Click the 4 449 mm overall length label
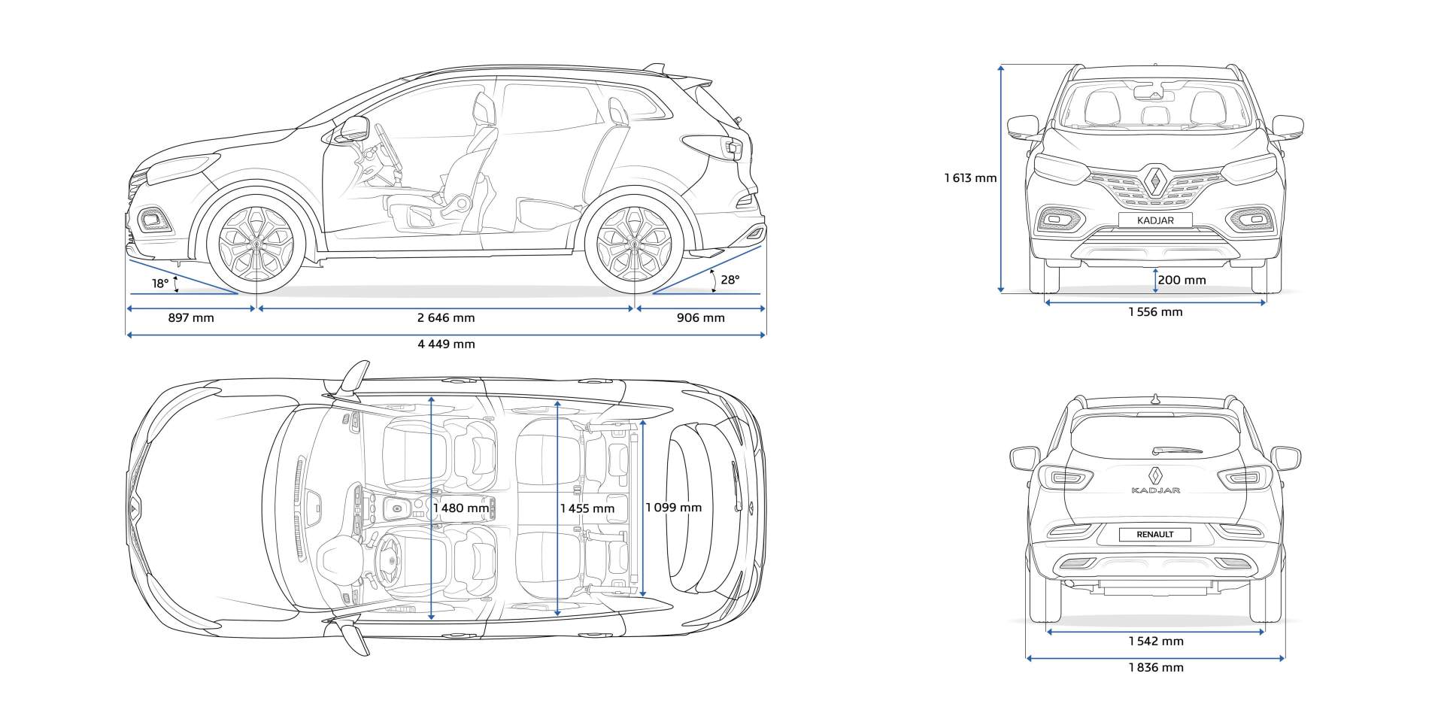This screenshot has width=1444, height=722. click(446, 344)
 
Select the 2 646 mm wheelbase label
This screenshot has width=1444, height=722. click(446, 318)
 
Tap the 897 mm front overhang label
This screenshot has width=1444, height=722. click(191, 318)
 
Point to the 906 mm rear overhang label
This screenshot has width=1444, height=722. click(700, 318)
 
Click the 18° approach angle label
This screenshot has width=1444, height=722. click(160, 284)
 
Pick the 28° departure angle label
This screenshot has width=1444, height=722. click(730, 280)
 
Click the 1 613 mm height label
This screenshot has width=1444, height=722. click(970, 178)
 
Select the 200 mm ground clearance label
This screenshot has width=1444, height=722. click(1182, 281)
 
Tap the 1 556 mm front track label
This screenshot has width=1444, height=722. click(1155, 312)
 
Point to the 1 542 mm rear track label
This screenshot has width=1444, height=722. click(1155, 642)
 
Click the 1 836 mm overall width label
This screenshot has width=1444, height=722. click(1155, 668)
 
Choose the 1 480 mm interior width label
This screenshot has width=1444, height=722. click(461, 508)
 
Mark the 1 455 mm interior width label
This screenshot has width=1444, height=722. click(587, 508)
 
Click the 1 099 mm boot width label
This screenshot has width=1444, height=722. click(673, 508)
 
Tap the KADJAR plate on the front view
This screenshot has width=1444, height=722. click(1155, 220)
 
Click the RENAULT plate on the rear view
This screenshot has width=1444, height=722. click(1155, 535)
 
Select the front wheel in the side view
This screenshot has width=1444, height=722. click(256, 243)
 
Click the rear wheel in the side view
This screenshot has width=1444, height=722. click(634, 243)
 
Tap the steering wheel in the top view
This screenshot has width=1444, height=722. click(389, 558)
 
